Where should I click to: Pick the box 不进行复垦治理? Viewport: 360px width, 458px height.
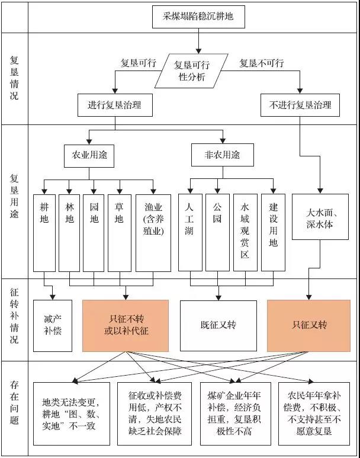tap(300, 105)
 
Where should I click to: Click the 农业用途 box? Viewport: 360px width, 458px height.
tap(89, 155)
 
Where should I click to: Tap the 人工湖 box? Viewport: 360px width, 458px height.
tap(189, 225)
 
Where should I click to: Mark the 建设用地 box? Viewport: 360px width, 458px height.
tap(273, 225)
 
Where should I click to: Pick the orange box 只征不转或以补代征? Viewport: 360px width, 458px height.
tap(126, 325)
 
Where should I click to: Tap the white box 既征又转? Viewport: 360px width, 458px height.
tap(218, 325)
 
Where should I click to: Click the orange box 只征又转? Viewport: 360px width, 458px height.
tap(309, 325)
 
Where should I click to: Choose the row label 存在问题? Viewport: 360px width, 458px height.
tap(14, 403)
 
